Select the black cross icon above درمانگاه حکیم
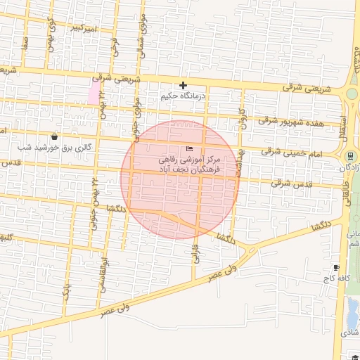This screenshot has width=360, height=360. [183, 85]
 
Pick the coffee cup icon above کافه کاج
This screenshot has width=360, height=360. [336, 267]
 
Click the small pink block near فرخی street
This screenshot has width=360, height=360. [93, 93]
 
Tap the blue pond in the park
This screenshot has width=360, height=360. [352, 309]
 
